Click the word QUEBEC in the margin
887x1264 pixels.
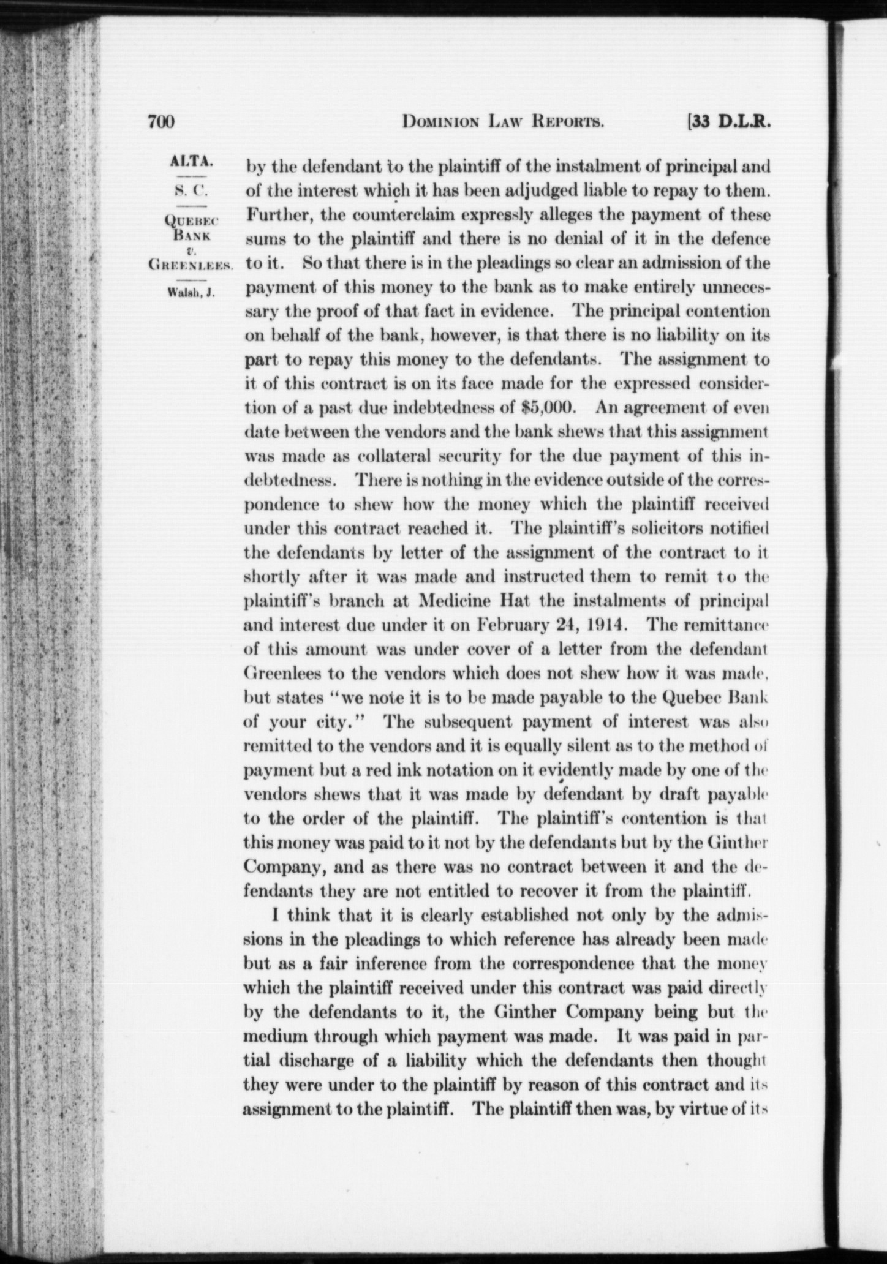click(194, 219)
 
